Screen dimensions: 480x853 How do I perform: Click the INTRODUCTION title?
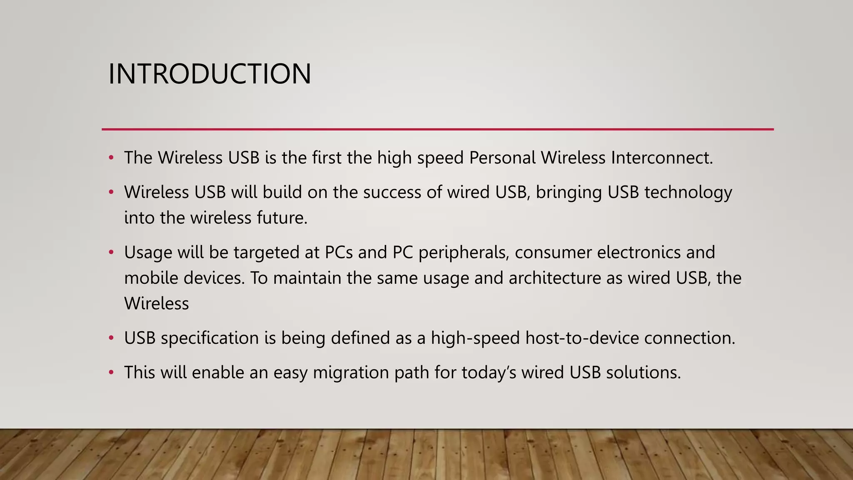click(x=210, y=74)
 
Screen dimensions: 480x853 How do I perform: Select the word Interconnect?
click(x=662, y=158)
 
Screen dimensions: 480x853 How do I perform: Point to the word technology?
click(x=688, y=192)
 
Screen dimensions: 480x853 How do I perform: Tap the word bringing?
click(x=569, y=192)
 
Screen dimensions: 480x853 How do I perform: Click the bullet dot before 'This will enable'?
click(x=111, y=372)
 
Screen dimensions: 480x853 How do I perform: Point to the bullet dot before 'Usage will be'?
click(x=111, y=252)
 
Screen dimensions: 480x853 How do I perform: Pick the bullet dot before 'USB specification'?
click(x=111, y=337)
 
